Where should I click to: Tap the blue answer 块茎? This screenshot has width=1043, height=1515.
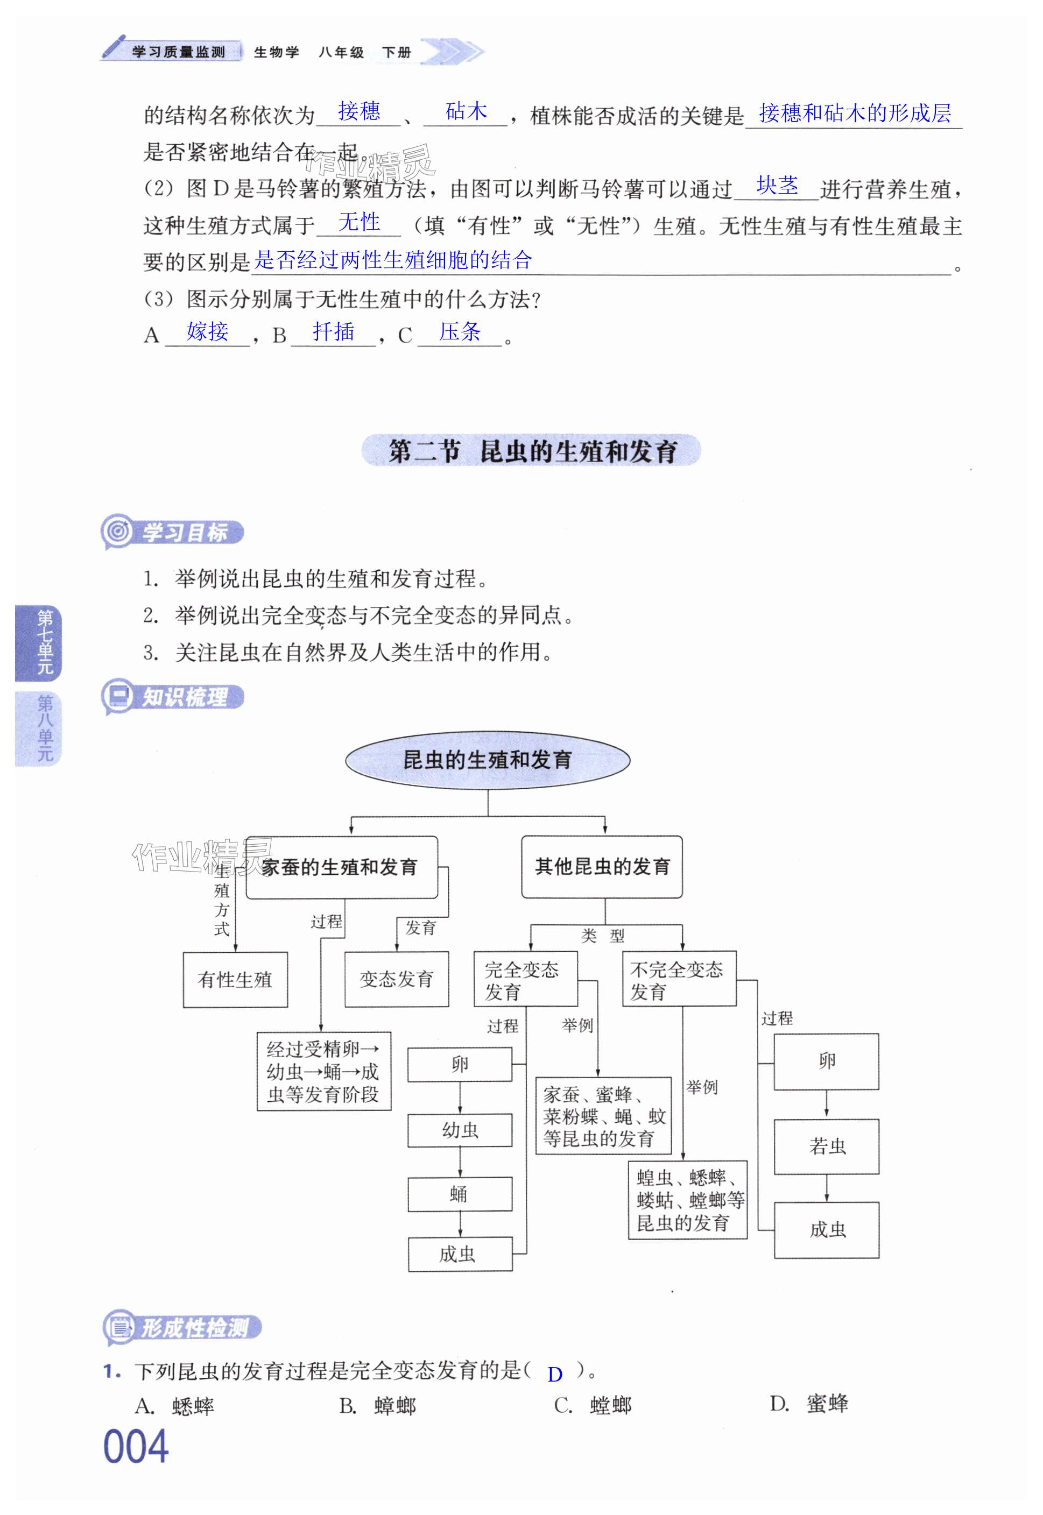tap(777, 186)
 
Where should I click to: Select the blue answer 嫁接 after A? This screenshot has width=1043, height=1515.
tap(207, 332)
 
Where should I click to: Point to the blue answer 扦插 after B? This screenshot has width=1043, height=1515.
tap(333, 332)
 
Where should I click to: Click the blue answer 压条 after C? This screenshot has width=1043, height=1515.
tap(460, 332)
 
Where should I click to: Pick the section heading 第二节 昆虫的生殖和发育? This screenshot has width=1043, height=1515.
tap(531, 451)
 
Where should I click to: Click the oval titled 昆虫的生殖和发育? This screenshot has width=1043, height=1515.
tap(488, 760)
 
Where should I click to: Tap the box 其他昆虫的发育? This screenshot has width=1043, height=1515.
tap(602, 867)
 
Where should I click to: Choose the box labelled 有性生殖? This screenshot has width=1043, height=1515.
tap(235, 980)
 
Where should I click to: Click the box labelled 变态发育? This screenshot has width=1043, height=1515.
tap(397, 979)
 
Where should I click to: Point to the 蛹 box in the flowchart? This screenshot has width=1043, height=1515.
tap(460, 1195)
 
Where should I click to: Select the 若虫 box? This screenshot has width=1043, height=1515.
tap(826, 1146)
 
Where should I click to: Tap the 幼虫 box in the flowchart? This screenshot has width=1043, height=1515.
tap(460, 1130)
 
